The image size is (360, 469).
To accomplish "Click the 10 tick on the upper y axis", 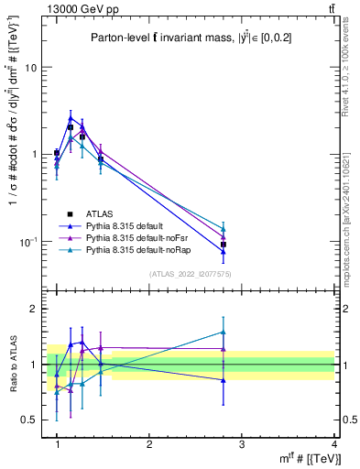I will coord(31,68).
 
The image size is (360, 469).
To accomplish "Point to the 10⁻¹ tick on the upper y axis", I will coord(29,242).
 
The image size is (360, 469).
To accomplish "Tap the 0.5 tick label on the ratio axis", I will coord(30,420).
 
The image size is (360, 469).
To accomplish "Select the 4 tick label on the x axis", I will coord(333,444).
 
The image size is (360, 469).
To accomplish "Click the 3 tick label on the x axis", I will coord(241,444).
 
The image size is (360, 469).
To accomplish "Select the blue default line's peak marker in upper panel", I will coord(71,118).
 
